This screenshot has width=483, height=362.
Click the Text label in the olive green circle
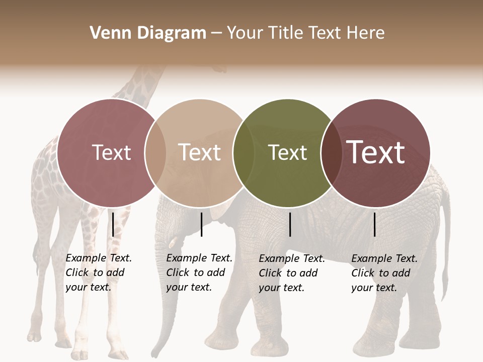coord(287,152)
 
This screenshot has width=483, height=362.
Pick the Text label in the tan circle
coord(200,152)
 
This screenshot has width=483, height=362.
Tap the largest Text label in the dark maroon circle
coord(376,152)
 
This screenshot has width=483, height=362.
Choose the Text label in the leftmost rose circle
coord(111,152)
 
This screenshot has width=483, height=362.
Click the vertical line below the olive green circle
coord(290,224)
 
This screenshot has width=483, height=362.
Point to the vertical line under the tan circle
coord(201,224)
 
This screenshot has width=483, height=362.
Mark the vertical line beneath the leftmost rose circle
coord(113,224)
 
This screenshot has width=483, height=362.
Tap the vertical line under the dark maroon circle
coord(374,224)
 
